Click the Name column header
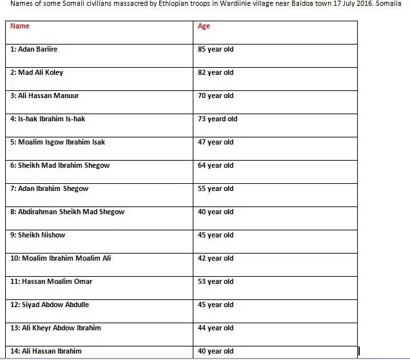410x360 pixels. (21, 26)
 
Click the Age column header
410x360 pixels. (204, 26)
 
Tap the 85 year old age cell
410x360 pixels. (216, 50)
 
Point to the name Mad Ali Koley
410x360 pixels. (37, 73)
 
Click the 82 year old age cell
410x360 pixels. (216, 73)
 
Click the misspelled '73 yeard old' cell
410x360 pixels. (218, 119)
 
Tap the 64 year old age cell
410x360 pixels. (216, 166)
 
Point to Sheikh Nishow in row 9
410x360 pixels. (37, 235)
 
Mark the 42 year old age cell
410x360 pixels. (216, 259)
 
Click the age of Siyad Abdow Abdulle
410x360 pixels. (216, 305)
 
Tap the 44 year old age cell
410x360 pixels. (216, 328)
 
